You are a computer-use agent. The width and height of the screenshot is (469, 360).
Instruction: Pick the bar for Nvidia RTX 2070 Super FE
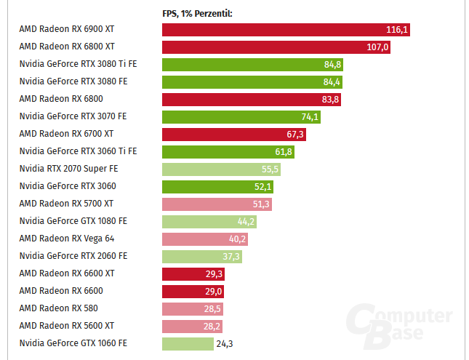(221, 169)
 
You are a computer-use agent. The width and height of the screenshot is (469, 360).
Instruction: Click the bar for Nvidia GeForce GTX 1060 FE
(187, 344)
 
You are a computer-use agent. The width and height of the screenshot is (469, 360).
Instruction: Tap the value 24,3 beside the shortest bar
(225, 344)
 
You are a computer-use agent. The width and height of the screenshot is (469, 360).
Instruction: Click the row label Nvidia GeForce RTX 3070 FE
(73, 116)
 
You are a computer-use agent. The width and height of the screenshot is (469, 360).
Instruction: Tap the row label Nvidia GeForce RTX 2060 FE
(73, 256)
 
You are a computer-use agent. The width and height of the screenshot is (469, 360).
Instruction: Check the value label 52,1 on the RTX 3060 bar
(262, 187)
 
